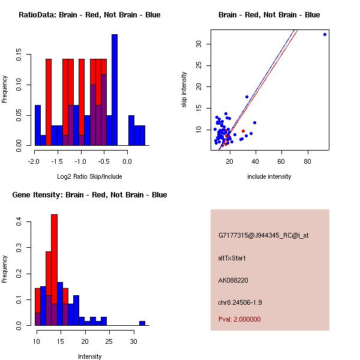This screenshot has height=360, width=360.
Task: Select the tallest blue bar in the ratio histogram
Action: tap(115, 90)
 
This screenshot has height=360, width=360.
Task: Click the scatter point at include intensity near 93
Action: tap(325, 34)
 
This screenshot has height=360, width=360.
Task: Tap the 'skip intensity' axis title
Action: tap(184, 89)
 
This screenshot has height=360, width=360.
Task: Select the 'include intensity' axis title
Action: tap(269, 176)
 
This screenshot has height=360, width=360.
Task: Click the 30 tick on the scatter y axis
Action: tap(205, 44)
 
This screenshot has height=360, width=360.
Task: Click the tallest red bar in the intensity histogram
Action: tap(54, 270)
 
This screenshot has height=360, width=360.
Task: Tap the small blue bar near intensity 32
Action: tap(142, 323)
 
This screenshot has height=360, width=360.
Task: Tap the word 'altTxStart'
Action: tap(232, 258)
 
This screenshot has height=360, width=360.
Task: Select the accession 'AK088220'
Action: tap(233, 280)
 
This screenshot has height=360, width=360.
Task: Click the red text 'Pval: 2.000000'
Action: tap(239, 319)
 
